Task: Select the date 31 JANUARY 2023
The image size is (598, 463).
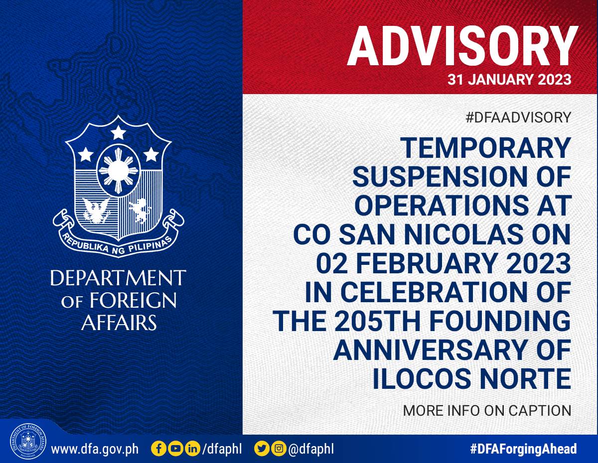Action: click(509, 79)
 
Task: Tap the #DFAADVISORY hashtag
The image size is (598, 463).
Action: click(518, 117)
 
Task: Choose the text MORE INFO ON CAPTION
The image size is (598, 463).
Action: click(487, 411)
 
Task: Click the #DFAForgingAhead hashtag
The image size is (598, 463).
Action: click(523, 449)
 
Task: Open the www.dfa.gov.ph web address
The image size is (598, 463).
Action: click(95, 449)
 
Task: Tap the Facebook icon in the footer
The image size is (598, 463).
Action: click(158, 449)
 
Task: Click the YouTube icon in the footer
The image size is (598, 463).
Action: click(175, 449)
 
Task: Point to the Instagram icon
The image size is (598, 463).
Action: click(279, 449)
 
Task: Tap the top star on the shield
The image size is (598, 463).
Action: click(119, 132)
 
